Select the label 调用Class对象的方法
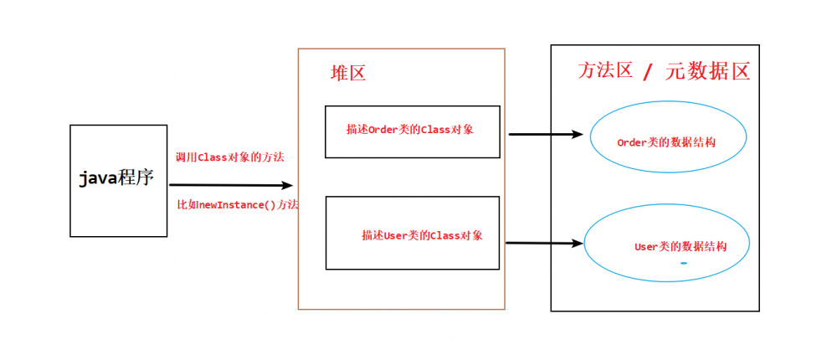(229, 157)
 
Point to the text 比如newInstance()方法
(238, 204)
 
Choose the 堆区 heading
(348, 73)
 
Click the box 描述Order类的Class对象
(412, 131)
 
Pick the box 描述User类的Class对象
(412, 233)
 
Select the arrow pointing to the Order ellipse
(545, 134)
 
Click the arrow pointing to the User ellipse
(544, 244)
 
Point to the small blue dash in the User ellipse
(684, 264)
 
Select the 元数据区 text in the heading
(707, 71)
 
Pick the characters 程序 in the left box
(136, 177)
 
